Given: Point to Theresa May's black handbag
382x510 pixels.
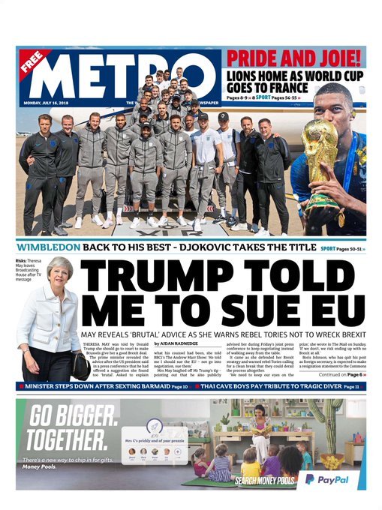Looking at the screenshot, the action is coord(80,366).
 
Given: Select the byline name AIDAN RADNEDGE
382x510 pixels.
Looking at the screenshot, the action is coord(178,343).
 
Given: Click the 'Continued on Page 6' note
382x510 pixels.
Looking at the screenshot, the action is coord(342,374).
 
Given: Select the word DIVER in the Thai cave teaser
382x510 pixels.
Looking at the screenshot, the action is coord(325,386).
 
